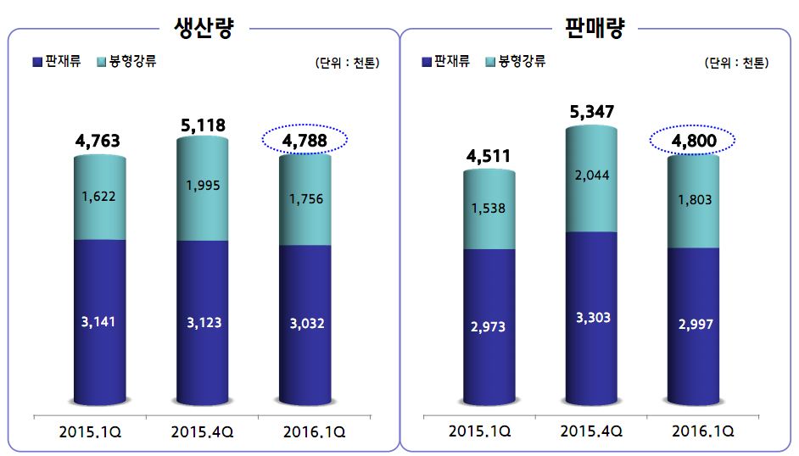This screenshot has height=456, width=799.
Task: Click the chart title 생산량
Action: click(203, 28)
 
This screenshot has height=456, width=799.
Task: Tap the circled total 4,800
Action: click(694, 140)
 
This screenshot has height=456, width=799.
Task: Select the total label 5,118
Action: click(203, 125)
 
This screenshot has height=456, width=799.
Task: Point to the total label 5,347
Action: click(591, 112)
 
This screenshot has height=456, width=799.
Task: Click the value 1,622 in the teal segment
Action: click(100, 196)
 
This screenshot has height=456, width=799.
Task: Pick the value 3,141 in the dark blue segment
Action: click(99, 323)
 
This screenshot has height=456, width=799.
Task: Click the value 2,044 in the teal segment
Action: click(592, 175)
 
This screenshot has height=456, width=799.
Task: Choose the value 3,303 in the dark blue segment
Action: click(592, 318)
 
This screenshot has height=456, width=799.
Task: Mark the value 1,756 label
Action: click(305, 199)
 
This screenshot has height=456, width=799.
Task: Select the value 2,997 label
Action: click(694, 324)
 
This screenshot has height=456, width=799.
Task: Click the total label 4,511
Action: click(489, 155)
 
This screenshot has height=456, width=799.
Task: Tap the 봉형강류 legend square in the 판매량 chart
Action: click(491, 62)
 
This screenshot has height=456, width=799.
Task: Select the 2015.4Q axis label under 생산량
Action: click(202, 431)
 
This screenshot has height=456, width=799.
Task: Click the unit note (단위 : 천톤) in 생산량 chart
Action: click(347, 63)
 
